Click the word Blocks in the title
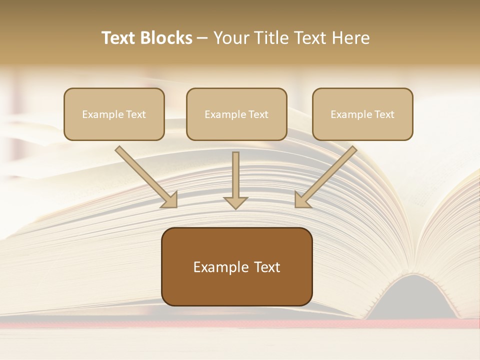click(167, 38)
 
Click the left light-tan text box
click(114, 114)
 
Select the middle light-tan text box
click(236, 114)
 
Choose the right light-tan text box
click(362, 114)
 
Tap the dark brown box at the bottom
click(236, 266)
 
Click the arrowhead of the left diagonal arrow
click(170, 199)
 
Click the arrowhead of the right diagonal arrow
click(302, 199)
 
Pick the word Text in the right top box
click(384, 114)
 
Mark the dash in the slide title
click(202, 38)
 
